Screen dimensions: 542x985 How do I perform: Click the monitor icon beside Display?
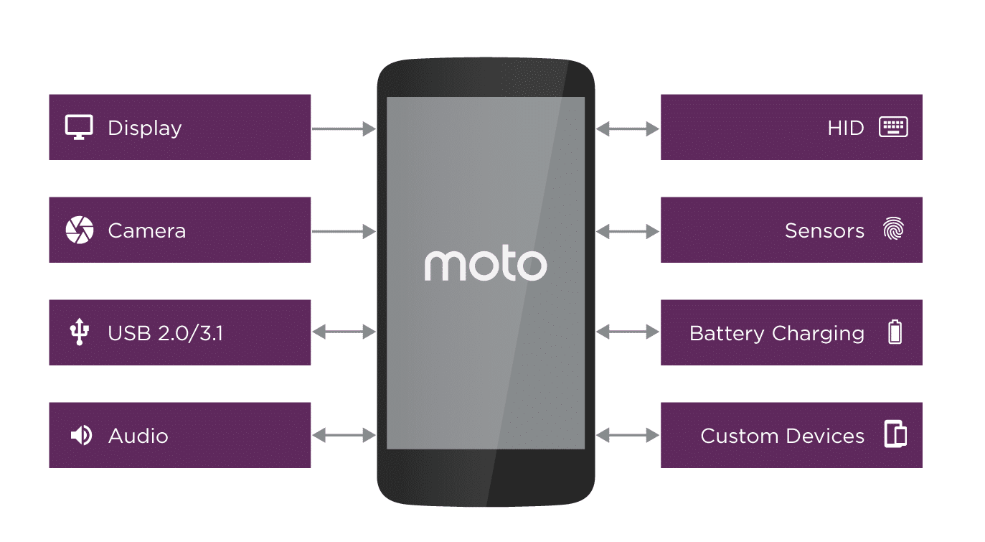click(79, 128)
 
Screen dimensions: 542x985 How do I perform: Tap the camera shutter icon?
click(79, 230)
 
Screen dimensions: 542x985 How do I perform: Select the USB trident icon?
click(80, 333)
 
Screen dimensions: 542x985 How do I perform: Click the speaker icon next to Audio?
click(80, 436)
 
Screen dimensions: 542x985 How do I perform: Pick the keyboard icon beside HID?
click(893, 128)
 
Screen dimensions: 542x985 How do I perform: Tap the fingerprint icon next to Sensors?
click(894, 230)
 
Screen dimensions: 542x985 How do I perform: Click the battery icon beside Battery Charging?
click(895, 333)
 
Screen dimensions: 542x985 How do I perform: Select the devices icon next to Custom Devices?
click(895, 436)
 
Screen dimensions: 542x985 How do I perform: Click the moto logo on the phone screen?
click(485, 266)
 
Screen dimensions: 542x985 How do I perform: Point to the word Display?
click(145, 129)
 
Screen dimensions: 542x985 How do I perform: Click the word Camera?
click(146, 231)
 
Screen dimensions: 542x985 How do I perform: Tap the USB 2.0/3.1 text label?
click(165, 334)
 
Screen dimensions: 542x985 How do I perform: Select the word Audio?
click(138, 436)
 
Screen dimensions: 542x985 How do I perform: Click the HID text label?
click(845, 129)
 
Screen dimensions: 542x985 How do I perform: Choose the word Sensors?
click(824, 231)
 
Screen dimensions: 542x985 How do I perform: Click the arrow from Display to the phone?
click(344, 129)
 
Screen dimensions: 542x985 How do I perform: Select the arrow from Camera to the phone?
click(344, 231)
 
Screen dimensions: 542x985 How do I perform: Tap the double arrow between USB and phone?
click(344, 332)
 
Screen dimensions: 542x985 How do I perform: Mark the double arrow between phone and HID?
click(628, 129)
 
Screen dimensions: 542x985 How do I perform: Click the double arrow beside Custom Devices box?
click(628, 435)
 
